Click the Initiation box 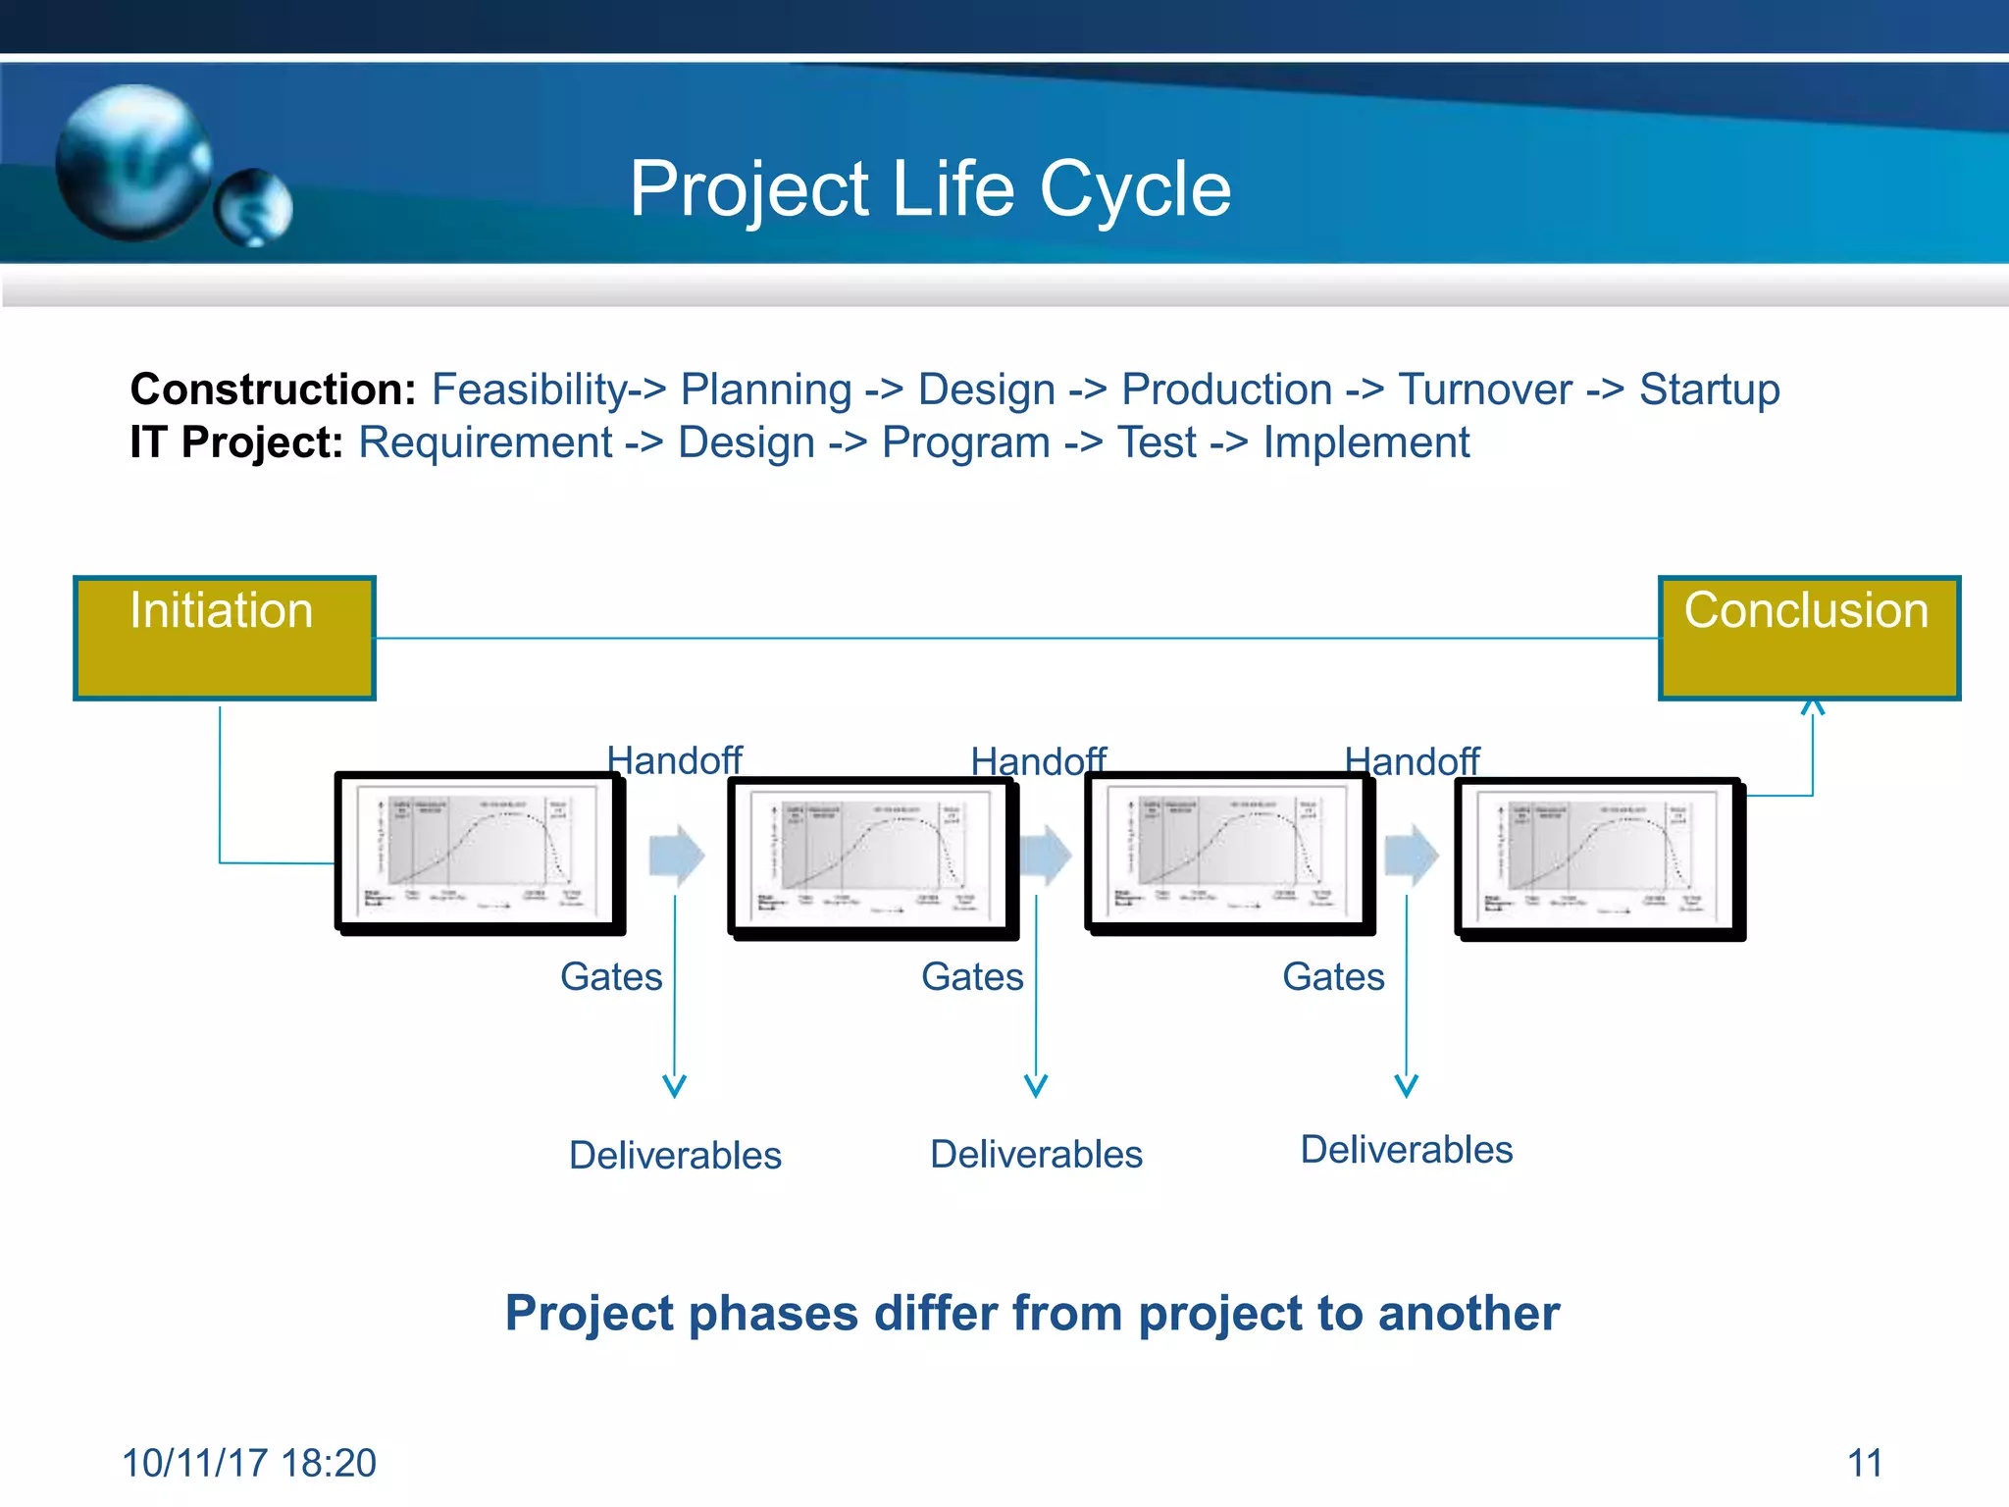(224, 638)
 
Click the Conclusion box (1808, 638)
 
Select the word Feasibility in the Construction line (529, 390)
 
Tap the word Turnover (1484, 390)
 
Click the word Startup (1709, 390)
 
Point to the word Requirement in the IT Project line (485, 442)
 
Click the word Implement (1365, 442)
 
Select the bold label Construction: (274, 390)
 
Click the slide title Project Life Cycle (929, 188)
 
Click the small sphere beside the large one (254, 207)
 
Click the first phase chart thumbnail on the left (479, 852)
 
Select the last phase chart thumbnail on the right (1599, 858)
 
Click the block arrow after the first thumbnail (676, 855)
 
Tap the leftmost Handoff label (674, 760)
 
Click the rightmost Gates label (1332, 977)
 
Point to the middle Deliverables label (1036, 1155)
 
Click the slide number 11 (1864, 1463)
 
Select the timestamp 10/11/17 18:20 (248, 1463)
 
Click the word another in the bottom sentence (1468, 1313)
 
